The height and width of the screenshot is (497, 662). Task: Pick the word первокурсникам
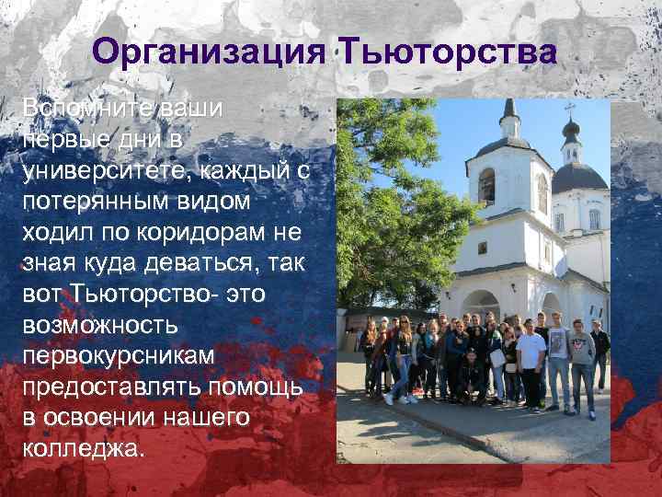[120, 357]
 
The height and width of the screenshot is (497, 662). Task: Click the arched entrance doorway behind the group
[480, 307]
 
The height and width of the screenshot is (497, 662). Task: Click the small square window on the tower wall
[482, 248]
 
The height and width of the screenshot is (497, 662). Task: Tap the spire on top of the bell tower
[510, 110]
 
